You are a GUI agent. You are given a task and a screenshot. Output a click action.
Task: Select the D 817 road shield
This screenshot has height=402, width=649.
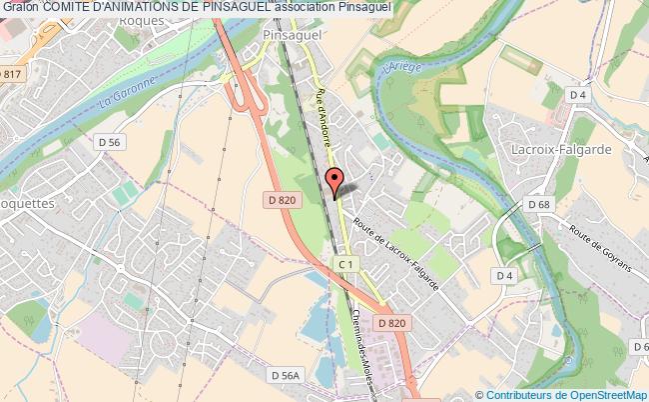pyautogui.click(x=12, y=74)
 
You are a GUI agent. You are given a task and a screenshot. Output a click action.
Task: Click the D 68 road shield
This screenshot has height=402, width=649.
pyautogui.click(x=539, y=205)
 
